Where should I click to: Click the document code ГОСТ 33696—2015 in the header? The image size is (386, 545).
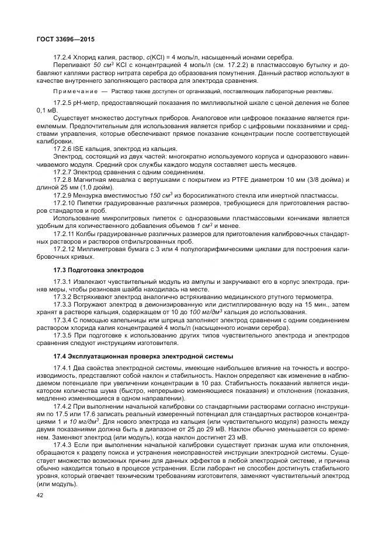(x=65, y=38)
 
